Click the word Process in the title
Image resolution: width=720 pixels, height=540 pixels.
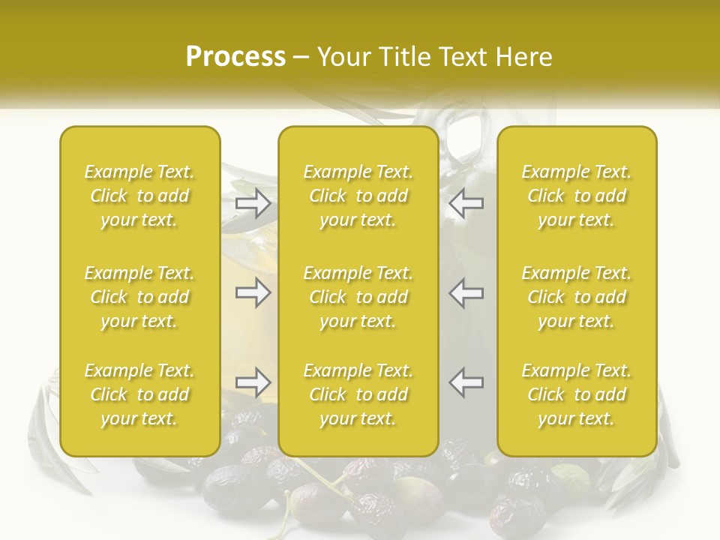(235, 57)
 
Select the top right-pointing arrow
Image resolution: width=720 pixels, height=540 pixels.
(253, 203)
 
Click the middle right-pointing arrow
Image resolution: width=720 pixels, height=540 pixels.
(253, 292)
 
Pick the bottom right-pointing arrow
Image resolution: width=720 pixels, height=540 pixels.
(253, 382)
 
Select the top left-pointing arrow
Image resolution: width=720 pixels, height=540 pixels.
(466, 203)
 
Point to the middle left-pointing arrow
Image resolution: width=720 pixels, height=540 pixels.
(466, 292)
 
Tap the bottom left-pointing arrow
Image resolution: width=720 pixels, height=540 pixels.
(466, 382)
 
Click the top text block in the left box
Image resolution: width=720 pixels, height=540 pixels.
(139, 196)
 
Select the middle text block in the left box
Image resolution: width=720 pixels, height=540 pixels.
(139, 297)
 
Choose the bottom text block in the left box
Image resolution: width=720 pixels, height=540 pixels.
(139, 394)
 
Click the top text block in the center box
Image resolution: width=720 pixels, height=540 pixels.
(358, 196)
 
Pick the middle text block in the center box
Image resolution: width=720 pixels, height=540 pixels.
(358, 297)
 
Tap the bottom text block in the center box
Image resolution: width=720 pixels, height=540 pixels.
(358, 394)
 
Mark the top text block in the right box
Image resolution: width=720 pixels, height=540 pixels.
(577, 196)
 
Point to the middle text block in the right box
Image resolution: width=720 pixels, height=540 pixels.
(577, 297)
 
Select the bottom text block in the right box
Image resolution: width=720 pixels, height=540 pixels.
(577, 394)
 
